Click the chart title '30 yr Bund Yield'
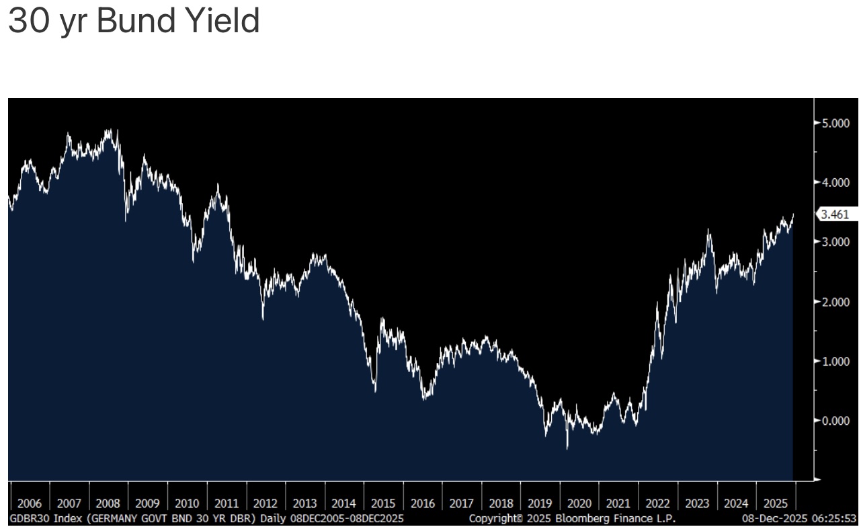pos(133,22)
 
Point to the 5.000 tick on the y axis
pos(835,123)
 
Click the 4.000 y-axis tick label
pos(835,182)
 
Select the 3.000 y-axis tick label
pos(835,242)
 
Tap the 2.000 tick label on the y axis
pos(835,302)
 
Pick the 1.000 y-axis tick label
pos(835,362)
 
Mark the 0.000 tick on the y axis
pos(835,421)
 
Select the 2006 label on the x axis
pos(30,503)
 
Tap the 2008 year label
pos(108,503)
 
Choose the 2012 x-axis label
pos(265,503)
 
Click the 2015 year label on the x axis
pos(383,503)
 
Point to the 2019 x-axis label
pos(540,503)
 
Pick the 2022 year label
pos(658,503)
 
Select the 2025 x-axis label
pos(776,503)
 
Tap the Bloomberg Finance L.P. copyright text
pos(572,519)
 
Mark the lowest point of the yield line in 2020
pos(567,448)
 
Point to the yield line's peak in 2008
pos(112,130)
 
